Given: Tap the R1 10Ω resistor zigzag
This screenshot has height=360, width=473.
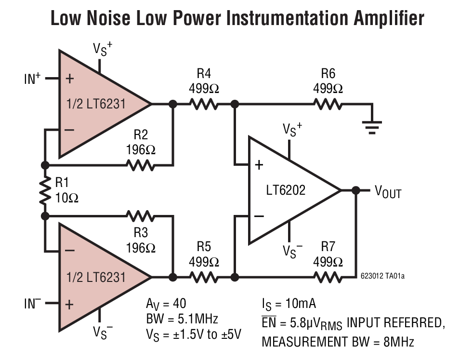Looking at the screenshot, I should (x=45, y=189).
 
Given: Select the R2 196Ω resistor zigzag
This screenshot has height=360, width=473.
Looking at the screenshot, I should (x=141, y=165).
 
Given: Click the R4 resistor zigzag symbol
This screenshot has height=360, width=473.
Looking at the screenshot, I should (x=204, y=104).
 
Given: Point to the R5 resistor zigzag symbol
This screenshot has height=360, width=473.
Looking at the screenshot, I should (x=204, y=277).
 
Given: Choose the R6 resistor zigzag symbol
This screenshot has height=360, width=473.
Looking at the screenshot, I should (x=328, y=104).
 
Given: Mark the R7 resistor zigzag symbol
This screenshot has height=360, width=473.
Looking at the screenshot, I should (x=328, y=277).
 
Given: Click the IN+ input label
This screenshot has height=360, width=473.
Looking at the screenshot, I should (x=32, y=79).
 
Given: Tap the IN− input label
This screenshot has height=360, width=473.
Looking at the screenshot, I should (x=32, y=304).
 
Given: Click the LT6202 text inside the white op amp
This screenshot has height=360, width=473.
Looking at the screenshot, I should (x=286, y=190).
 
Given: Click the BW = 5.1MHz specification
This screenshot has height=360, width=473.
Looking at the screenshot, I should (x=182, y=319).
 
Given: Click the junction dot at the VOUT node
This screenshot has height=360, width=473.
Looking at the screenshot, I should (x=355, y=190).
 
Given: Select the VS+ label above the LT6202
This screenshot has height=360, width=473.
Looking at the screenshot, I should (x=292, y=130).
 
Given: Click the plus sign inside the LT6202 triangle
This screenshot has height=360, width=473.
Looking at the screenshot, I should (x=259, y=165).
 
